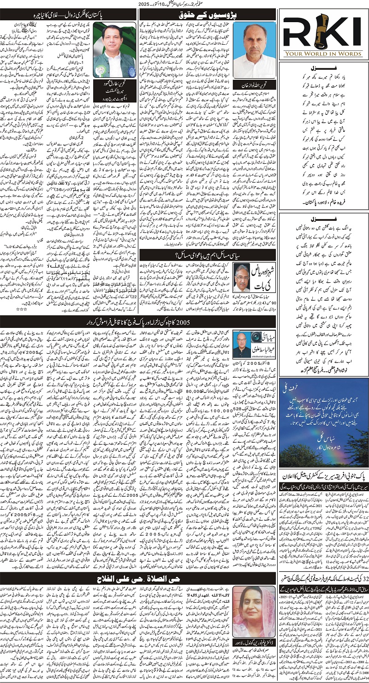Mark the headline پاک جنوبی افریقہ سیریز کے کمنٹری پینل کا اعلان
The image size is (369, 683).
(x=326, y=473)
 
